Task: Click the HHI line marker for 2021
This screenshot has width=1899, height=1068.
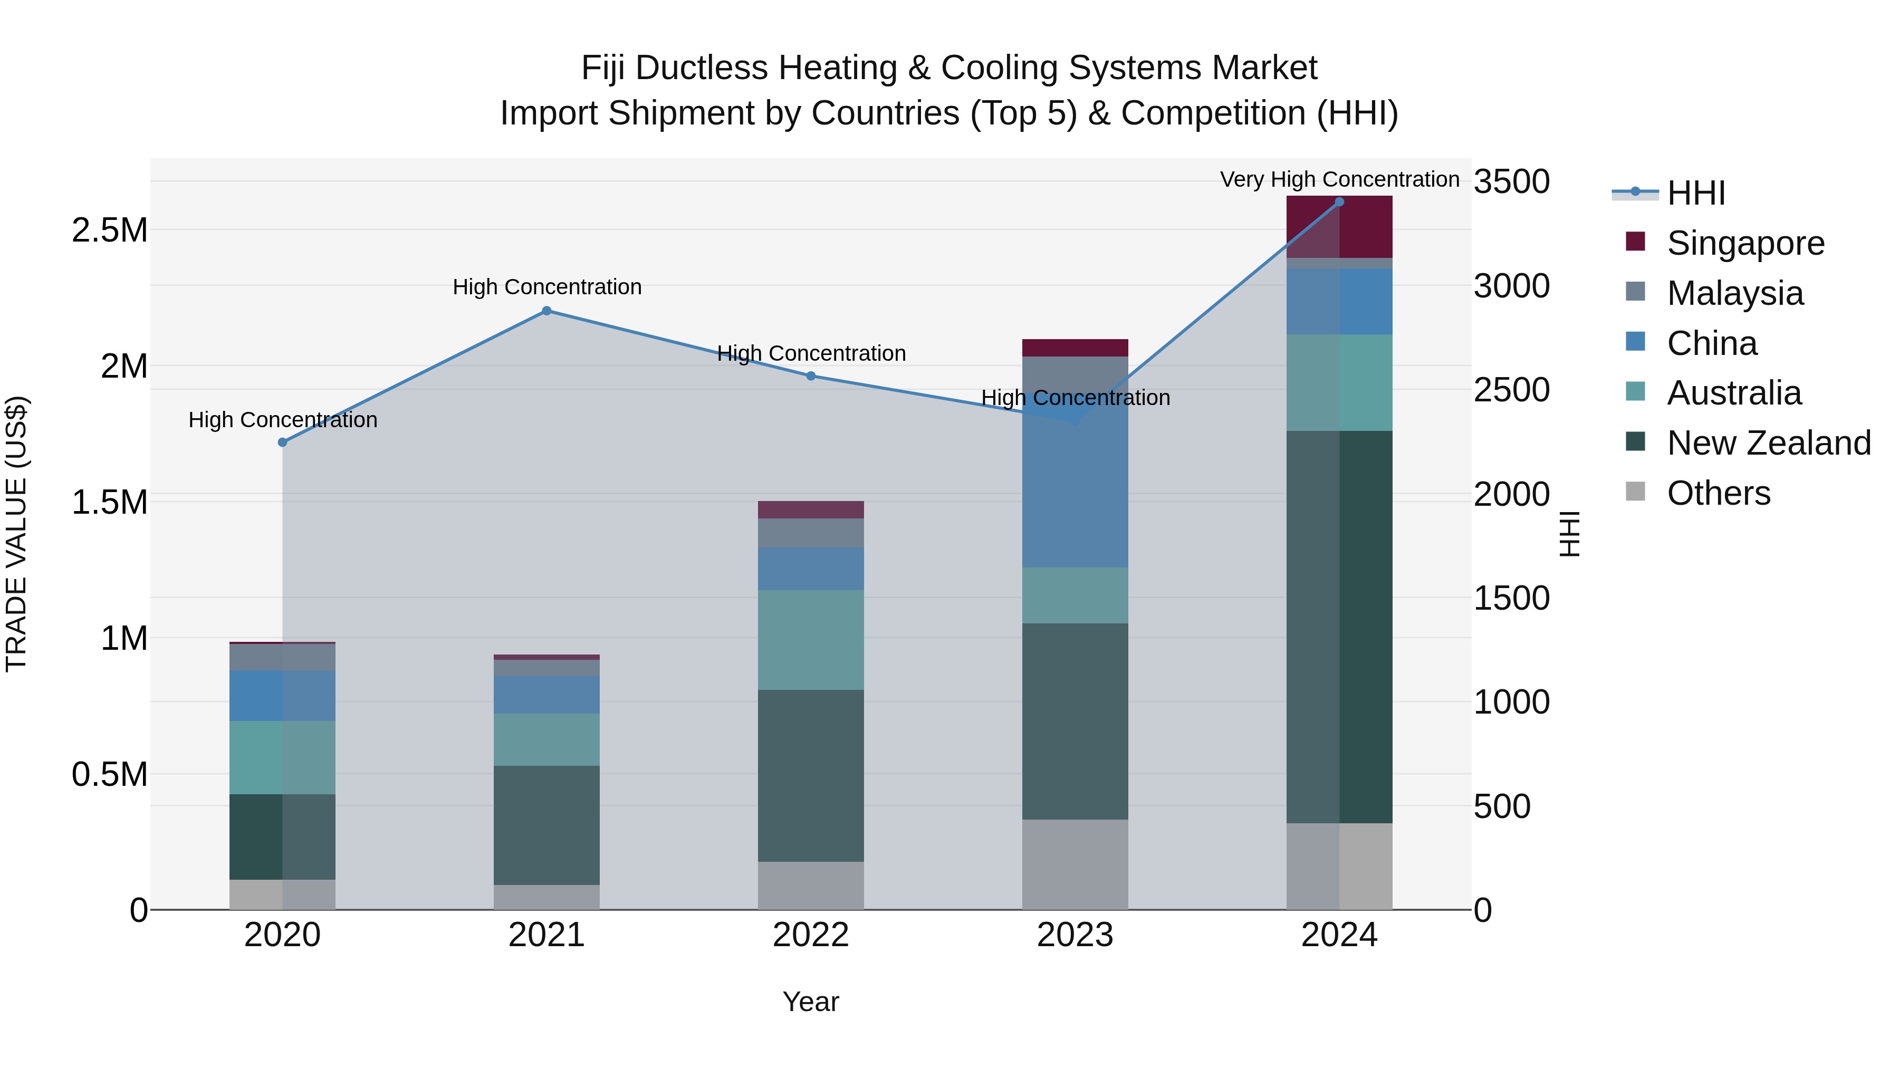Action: [x=546, y=311]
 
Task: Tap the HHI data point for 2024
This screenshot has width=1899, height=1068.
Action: [x=1339, y=202]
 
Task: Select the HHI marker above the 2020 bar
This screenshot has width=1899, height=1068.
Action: [x=282, y=442]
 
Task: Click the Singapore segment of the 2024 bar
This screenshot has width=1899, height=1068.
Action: [x=1339, y=227]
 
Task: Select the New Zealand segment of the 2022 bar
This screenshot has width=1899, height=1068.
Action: [x=811, y=775]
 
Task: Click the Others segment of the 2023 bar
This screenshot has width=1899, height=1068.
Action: [x=1075, y=864]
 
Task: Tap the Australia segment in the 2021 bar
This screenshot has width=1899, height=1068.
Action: [x=546, y=739]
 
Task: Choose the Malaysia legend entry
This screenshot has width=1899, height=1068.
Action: [x=1734, y=293]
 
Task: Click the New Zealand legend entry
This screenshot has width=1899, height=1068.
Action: [x=1768, y=443]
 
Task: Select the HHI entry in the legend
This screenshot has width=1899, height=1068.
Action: [x=1695, y=193]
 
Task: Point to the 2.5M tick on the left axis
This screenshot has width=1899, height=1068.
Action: [x=110, y=230]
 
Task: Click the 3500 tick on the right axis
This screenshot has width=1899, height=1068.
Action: [x=1511, y=182]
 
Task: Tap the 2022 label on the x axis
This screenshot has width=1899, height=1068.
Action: [x=811, y=935]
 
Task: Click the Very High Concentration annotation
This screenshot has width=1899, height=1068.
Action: [x=1339, y=179]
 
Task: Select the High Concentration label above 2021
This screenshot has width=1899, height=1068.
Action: [x=547, y=287]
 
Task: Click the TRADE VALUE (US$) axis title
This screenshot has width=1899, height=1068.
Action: [x=16, y=534]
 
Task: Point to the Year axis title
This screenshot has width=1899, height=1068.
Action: [x=811, y=1002]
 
